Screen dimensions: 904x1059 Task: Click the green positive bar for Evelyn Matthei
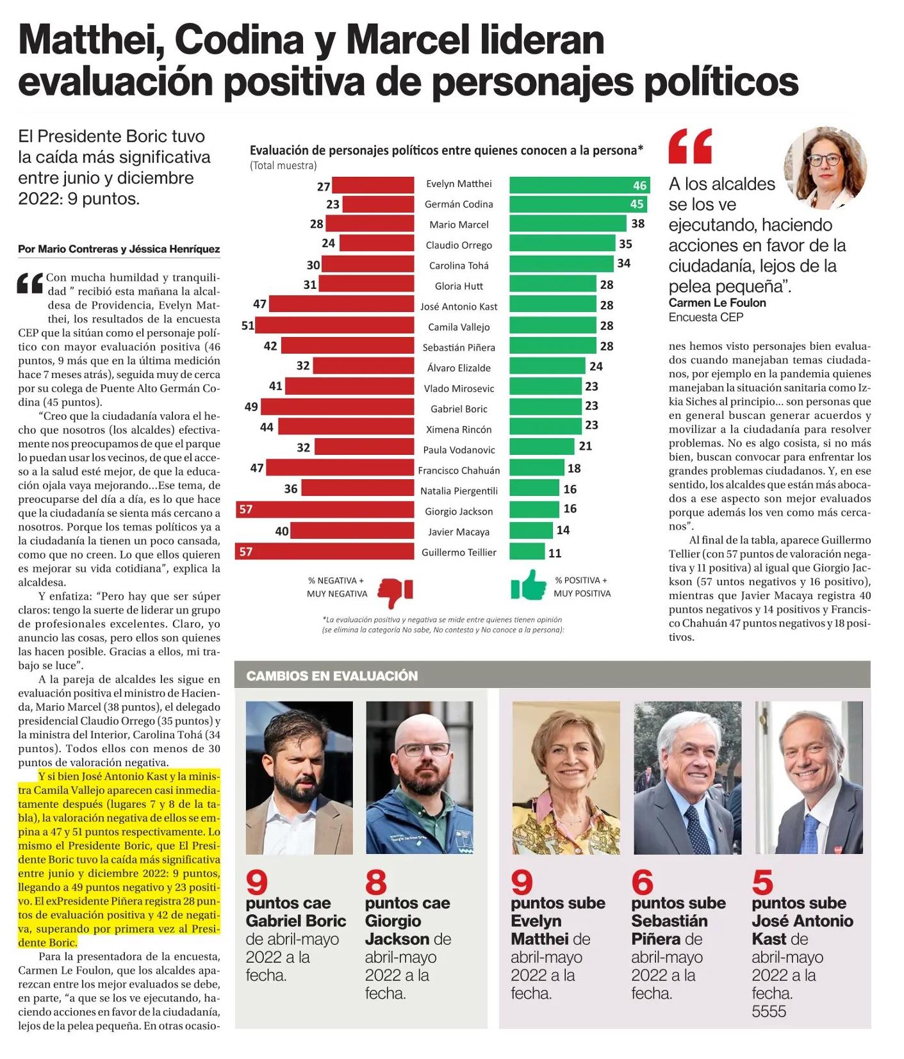pyautogui.click(x=580, y=185)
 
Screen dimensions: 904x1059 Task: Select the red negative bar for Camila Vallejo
pyautogui.click(x=335, y=325)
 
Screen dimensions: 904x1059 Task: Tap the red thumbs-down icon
pyautogui.click(x=395, y=593)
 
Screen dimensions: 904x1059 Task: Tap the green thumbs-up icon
pyautogui.click(x=529, y=585)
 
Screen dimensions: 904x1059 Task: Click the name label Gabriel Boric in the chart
pyautogui.click(x=459, y=409)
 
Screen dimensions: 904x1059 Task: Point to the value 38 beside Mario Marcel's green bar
pyautogui.click(x=638, y=224)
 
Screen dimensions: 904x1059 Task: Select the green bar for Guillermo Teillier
pyautogui.click(x=527, y=551)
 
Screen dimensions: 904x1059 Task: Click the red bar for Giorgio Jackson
pyautogui.click(x=325, y=509)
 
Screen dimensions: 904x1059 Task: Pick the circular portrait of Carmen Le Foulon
pyautogui.click(x=825, y=168)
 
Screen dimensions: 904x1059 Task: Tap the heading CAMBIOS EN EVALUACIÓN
pyautogui.click(x=332, y=676)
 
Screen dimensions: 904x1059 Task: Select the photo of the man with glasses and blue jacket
pyautogui.click(x=420, y=777)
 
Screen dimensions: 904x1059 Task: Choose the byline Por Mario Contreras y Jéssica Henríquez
pyautogui.click(x=119, y=249)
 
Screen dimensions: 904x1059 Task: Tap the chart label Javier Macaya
pyautogui.click(x=459, y=532)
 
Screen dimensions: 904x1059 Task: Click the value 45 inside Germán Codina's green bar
pyautogui.click(x=637, y=204)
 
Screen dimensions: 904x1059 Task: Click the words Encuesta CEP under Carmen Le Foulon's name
pyautogui.click(x=706, y=317)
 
